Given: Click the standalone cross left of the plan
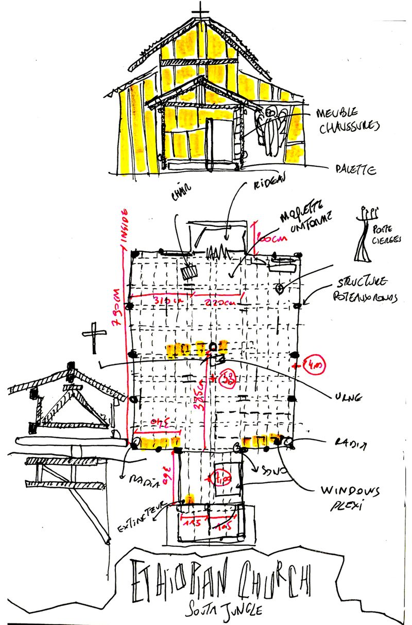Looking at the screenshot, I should [x=94, y=337].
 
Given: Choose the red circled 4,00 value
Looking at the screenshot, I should [x=314, y=367].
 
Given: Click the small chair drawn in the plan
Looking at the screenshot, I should [x=191, y=271].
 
